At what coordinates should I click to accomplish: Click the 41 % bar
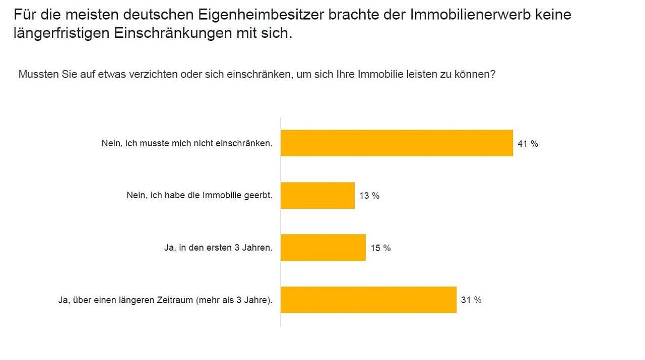click(397, 143)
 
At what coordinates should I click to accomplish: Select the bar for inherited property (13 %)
click(317, 196)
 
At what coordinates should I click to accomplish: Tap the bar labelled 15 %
click(323, 248)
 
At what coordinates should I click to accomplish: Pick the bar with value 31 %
click(368, 300)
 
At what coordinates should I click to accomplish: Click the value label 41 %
click(528, 144)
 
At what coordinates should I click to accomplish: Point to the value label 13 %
click(369, 196)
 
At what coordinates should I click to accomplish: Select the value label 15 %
click(380, 248)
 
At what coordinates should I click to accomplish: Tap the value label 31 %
click(471, 300)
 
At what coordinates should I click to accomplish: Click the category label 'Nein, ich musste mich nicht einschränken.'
click(187, 143)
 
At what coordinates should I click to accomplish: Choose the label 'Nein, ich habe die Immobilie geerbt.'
click(200, 196)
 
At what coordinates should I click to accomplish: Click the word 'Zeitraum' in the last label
click(172, 301)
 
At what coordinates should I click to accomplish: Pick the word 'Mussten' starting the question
click(35, 74)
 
